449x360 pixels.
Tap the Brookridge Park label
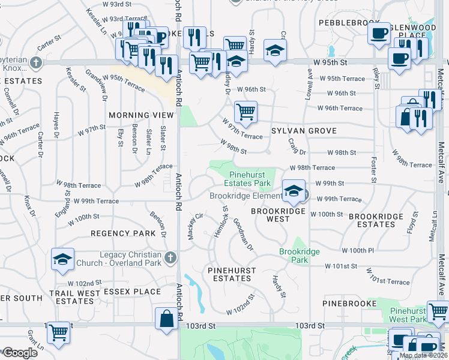coord(299,256)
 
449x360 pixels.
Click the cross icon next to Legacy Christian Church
coord(170,258)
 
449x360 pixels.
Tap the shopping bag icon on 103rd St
coord(166,319)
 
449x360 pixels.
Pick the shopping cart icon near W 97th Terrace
coord(246,112)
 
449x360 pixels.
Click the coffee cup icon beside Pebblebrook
coord(379,34)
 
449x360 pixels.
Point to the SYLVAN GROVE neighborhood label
coord(303,131)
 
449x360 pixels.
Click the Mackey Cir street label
coord(194,226)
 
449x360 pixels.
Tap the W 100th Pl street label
coord(358,250)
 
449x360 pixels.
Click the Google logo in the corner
coord(20,352)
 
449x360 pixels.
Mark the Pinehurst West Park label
coord(408,315)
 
